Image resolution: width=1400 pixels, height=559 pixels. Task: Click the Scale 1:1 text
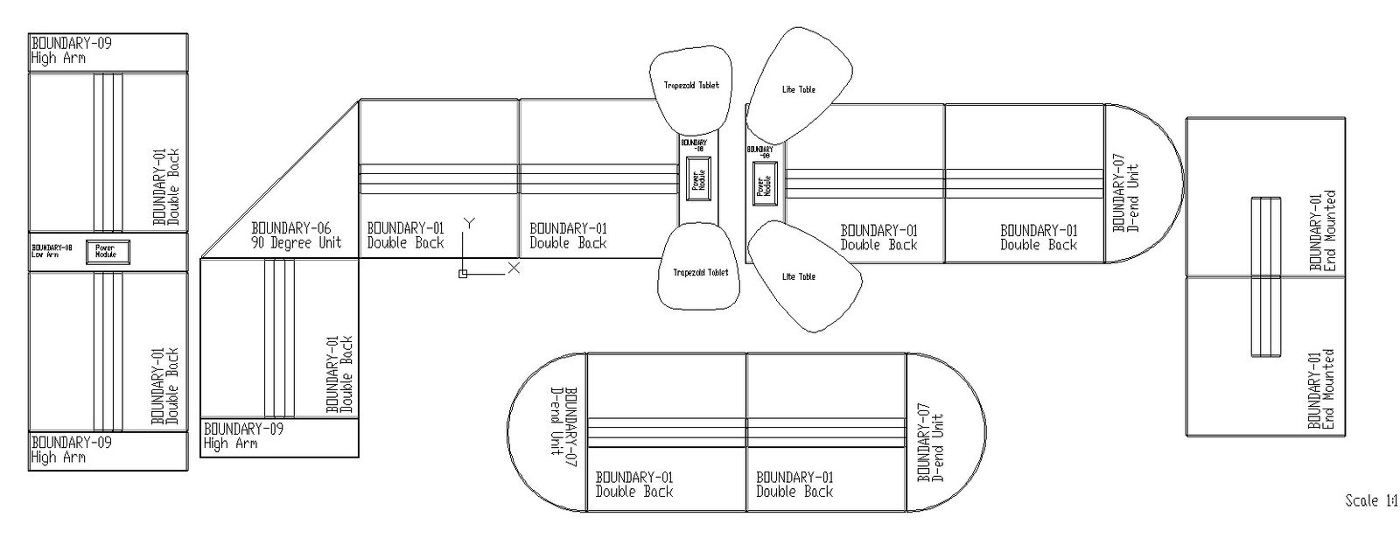click(1370, 501)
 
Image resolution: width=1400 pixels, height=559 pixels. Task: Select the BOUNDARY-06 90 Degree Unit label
click(296, 234)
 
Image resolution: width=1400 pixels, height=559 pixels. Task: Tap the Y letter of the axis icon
click(469, 222)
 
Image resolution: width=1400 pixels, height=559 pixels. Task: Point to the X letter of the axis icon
click(514, 268)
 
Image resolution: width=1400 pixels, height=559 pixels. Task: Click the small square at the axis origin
click(463, 274)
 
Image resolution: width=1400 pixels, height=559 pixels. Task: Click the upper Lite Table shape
click(798, 87)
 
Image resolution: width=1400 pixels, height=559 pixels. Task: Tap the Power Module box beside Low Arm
click(108, 251)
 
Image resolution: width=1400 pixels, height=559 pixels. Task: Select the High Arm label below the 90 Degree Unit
click(243, 436)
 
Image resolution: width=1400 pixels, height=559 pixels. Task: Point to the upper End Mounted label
click(1322, 231)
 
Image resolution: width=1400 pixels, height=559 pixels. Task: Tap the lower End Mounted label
click(1322, 389)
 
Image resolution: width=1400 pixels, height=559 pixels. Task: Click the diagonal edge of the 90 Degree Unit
click(280, 179)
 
